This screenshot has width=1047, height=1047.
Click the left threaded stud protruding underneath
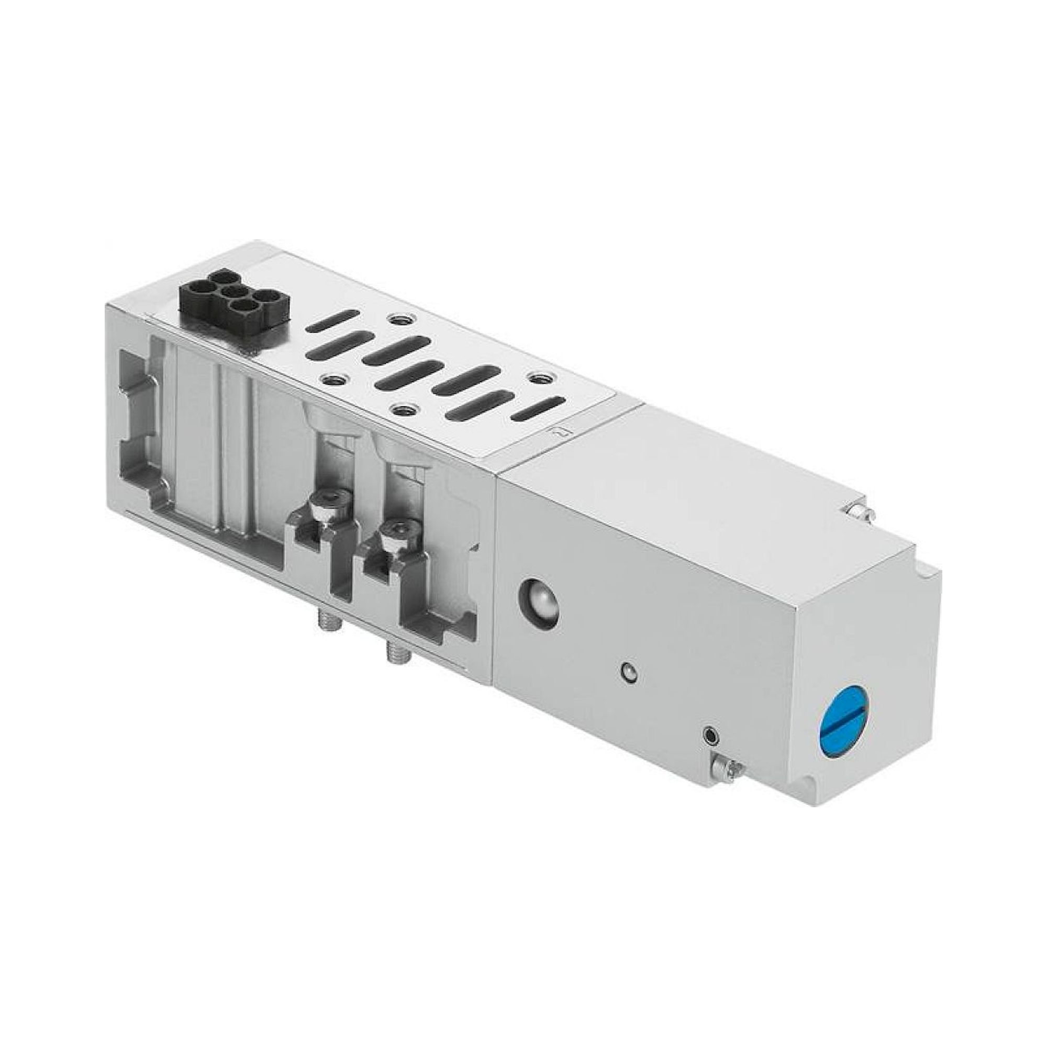(325, 629)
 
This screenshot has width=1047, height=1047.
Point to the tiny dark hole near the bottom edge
(709, 735)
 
